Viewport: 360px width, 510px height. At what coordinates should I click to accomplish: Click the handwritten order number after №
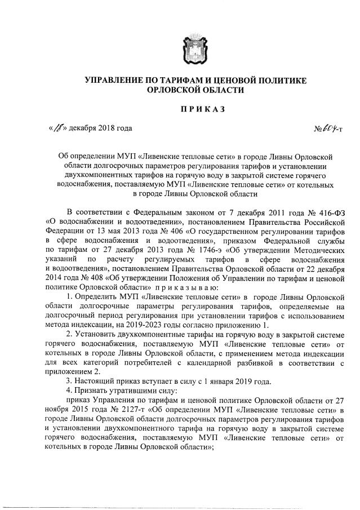click(x=330, y=128)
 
